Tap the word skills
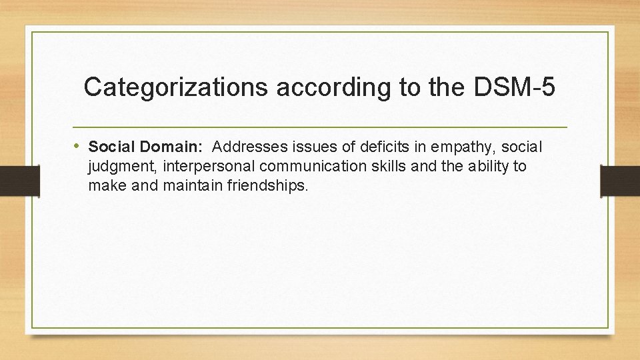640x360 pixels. (x=389, y=166)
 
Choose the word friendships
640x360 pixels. (x=269, y=185)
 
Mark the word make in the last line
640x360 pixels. (x=107, y=185)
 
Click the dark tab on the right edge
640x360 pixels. (x=620, y=181)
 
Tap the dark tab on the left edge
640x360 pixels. (x=11, y=179)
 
